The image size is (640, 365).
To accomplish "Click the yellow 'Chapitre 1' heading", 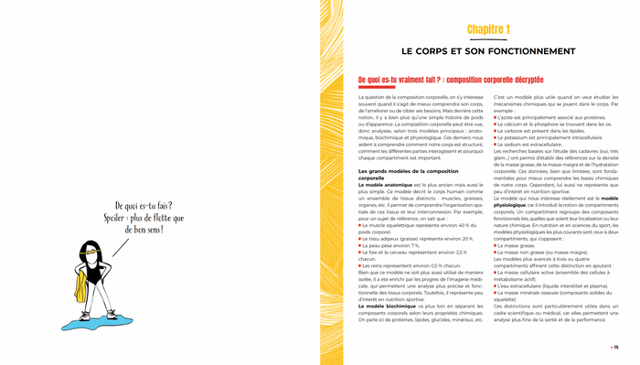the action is (488, 30).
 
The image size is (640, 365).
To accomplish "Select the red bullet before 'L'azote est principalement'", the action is (496, 118).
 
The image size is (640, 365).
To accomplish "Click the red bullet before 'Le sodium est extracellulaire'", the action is (496, 145).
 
